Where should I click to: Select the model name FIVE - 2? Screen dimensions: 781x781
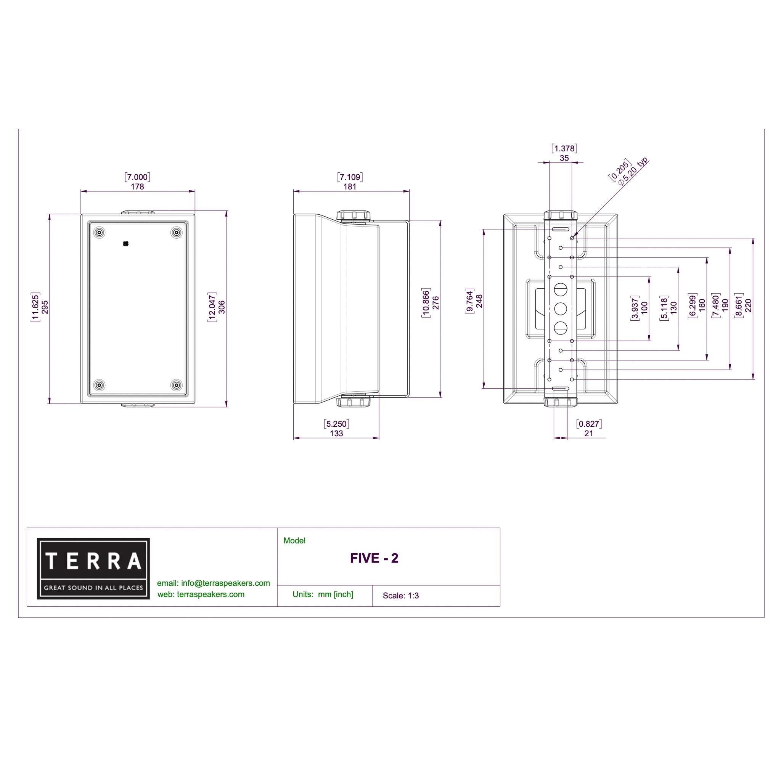pyautogui.click(x=374, y=558)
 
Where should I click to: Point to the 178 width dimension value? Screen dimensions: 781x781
pyautogui.click(x=137, y=187)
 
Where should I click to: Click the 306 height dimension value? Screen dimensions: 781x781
pyautogui.click(x=222, y=307)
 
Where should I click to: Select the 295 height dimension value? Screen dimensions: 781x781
pyautogui.click(x=45, y=307)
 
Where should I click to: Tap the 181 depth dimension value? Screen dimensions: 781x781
pyautogui.click(x=350, y=187)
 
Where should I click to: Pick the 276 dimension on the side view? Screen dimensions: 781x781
pyautogui.click(x=435, y=303)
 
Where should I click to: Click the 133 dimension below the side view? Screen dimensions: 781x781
pyautogui.click(x=336, y=433)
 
